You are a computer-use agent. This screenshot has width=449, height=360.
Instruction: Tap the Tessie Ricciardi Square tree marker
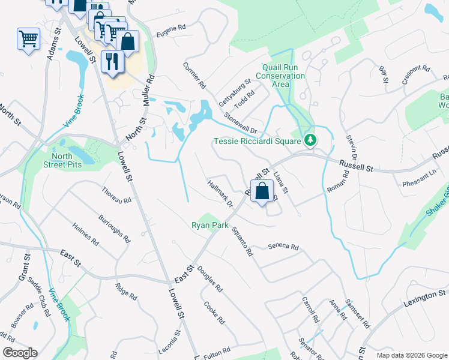point(310,140)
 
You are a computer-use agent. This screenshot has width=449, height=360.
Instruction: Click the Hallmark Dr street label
point(220,194)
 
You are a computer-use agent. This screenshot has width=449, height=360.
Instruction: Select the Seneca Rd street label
point(283,247)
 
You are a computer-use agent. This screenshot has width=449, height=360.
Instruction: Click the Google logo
point(20,353)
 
